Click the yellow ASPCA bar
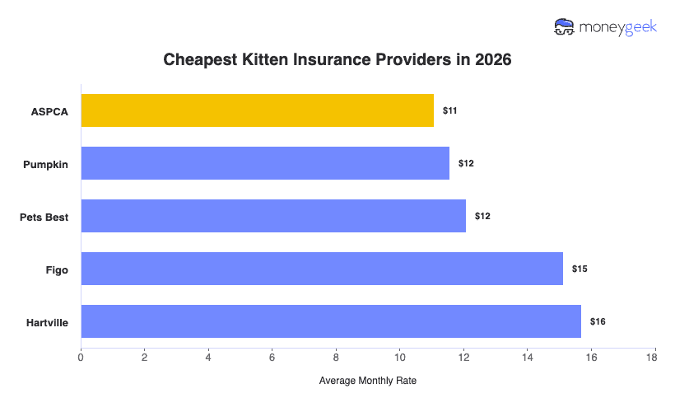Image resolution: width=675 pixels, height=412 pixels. tap(257, 110)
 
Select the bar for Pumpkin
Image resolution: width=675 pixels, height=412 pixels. tap(265, 163)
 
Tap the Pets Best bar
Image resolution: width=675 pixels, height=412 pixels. tap(273, 216)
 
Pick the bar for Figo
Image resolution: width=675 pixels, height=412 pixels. tap(322, 269)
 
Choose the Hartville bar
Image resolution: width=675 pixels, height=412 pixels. tap(331, 321)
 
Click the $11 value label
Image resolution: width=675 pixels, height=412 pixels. tap(450, 110)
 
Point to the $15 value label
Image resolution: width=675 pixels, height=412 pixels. tap(580, 269)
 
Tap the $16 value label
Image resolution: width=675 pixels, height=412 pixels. tap(598, 321)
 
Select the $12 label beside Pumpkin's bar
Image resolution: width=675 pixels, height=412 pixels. tap(466, 163)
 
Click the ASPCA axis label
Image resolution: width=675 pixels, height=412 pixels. tap(50, 111)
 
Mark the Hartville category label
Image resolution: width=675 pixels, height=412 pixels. tap(47, 322)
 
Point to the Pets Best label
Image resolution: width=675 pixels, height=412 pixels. tap(44, 217)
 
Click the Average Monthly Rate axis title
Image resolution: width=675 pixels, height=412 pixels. tap(367, 381)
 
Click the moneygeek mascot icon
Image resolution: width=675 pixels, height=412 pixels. tap(565, 27)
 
